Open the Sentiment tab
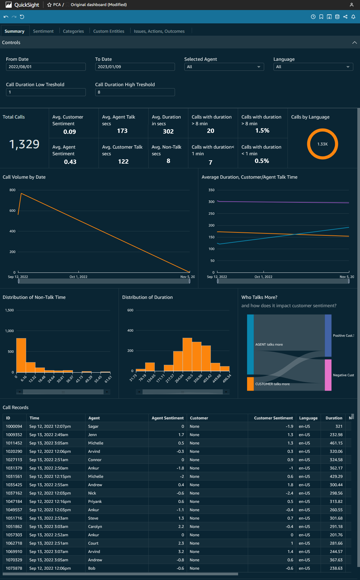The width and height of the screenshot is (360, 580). [x=43, y=31]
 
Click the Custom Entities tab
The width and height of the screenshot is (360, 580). [x=109, y=31]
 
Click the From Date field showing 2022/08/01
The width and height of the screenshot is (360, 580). [x=46, y=67]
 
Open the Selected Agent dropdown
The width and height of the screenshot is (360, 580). [x=224, y=67]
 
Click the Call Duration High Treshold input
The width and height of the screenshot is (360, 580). [x=135, y=92]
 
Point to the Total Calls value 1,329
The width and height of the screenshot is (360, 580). [x=24, y=144]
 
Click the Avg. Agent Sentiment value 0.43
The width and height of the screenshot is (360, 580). [x=70, y=162]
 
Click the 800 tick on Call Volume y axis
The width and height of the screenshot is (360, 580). [x=12, y=190]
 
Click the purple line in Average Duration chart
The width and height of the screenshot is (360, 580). [x=284, y=202]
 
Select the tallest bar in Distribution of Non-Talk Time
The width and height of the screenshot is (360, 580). [x=21, y=355]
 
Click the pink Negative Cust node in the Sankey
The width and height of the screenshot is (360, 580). [x=328, y=375]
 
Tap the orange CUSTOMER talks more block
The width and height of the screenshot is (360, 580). [x=250, y=384]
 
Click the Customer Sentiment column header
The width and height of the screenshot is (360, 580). [x=273, y=418]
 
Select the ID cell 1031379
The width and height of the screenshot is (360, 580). [x=14, y=468]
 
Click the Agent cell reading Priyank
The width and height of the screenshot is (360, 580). [x=95, y=502]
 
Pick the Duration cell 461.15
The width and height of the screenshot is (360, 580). [x=336, y=443]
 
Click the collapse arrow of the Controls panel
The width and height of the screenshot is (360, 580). [x=354, y=43]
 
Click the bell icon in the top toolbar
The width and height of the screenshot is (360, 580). [x=353, y=17]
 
